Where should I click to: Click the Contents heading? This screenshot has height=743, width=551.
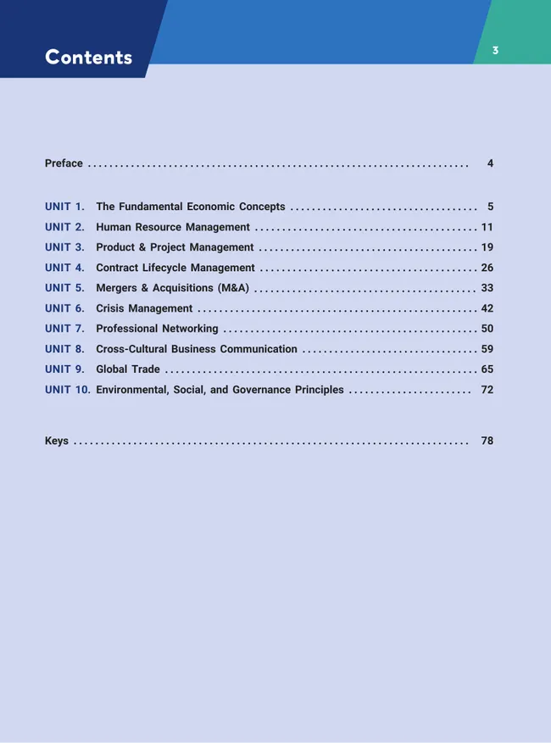point(88,58)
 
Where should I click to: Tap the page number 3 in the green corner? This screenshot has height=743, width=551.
point(495,51)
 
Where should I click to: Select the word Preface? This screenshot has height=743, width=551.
point(64,164)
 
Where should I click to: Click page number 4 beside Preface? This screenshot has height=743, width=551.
point(490,164)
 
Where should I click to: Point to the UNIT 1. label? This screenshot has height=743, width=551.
point(64,207)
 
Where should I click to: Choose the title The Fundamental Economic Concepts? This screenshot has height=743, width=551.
point(190,207)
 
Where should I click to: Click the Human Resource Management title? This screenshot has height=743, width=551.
point(173,227)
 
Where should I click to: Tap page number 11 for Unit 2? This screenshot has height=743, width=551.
point(487,227)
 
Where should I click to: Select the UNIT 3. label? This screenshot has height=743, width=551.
point(64,247)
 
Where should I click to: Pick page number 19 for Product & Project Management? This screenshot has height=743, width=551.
point(487,247)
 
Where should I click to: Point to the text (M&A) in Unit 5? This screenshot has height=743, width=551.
point(232,288)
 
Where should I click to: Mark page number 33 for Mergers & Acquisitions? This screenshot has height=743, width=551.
point(487,288)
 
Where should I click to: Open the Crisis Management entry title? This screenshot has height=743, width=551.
point(144,308)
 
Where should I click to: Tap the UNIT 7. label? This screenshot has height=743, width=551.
point(64,329)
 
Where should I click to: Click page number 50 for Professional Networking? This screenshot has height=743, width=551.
point(487,329)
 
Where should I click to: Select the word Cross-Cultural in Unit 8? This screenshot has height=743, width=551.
point(131,349)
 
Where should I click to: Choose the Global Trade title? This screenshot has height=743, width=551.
point(128,369)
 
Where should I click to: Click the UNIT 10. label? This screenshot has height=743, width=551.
point(67,390)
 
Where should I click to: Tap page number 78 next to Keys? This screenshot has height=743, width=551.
point(487,441)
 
